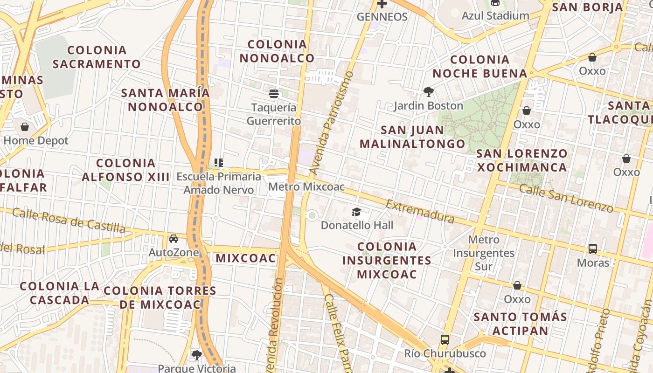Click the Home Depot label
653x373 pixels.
point(36,140)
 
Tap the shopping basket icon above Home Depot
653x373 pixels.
point(25,126)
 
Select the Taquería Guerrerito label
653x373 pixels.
point(274,114)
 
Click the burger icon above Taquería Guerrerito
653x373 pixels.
point(274,94)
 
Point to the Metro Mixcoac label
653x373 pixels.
point(306,187)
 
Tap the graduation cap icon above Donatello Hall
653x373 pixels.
point(357,212)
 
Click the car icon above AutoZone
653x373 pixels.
point(174,239)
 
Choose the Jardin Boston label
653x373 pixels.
point(428,106)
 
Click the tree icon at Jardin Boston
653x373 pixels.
point(428,91)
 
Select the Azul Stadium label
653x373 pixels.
point(495,16)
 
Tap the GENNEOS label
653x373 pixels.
point(382,17)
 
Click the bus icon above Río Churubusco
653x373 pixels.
point(445,339)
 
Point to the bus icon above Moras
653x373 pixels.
point(593,249)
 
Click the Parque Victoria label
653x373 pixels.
point(197,368)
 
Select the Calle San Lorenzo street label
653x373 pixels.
point(566,198)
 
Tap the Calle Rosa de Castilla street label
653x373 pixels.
point(69,221)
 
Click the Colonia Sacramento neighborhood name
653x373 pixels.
point(97,57)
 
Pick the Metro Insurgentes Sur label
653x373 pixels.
point(484,253)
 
